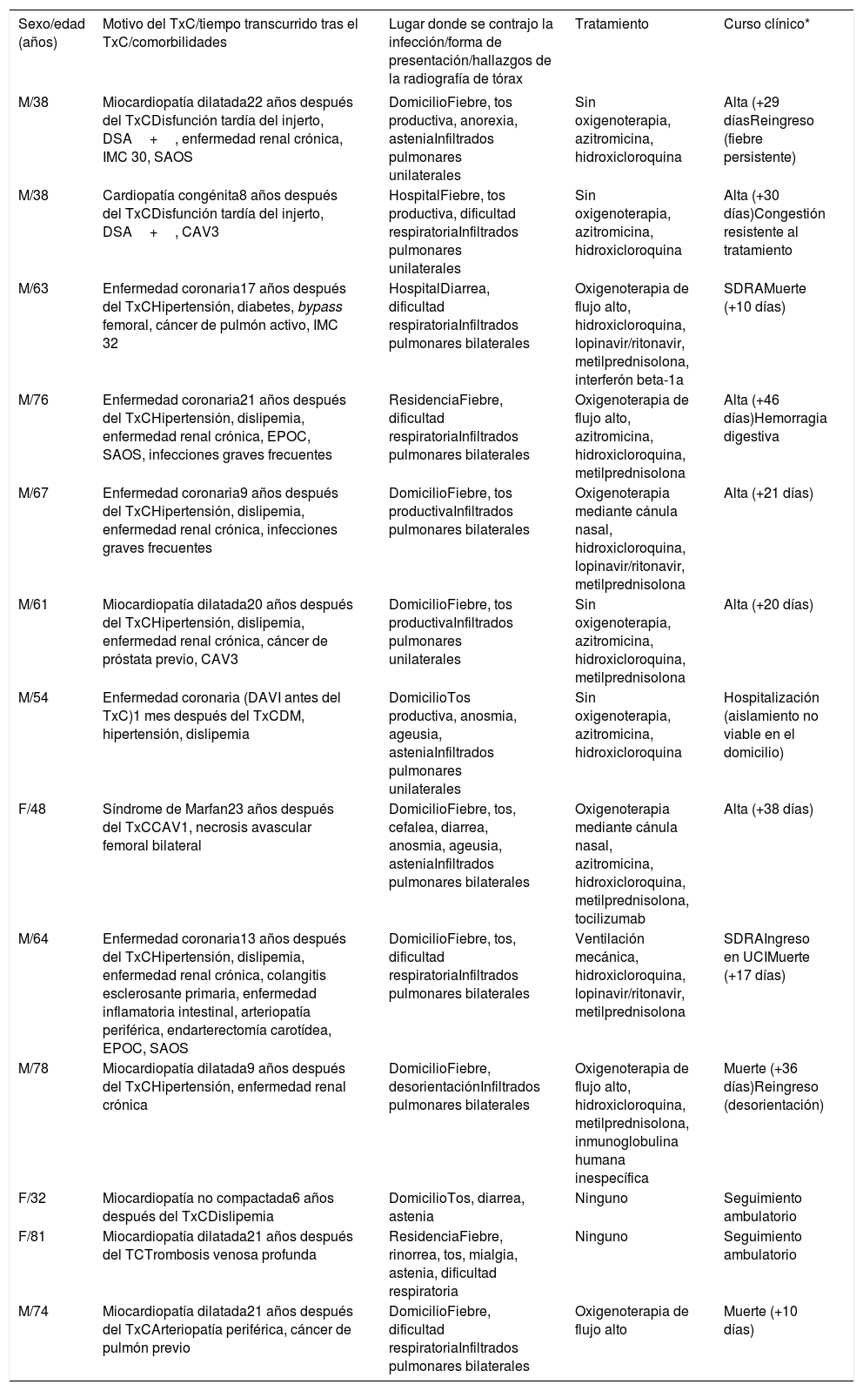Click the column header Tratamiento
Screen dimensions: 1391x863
click(x=611, y=24)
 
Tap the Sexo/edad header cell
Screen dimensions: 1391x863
click(x=51, y=33)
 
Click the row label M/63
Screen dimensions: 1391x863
click(x=33, y=289)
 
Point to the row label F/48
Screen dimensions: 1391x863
click(x=32, y=810)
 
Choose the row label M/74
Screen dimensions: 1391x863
click(x=33, y=1312)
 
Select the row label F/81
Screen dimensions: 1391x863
click(x=32, y=1237)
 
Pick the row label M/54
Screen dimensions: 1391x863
click(x=33, y=698)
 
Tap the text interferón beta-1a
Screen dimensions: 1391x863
click(x=629, y=380)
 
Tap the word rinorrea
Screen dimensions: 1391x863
click(x=413, y=1255)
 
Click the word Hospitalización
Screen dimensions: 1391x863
click(x=771, y=698)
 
